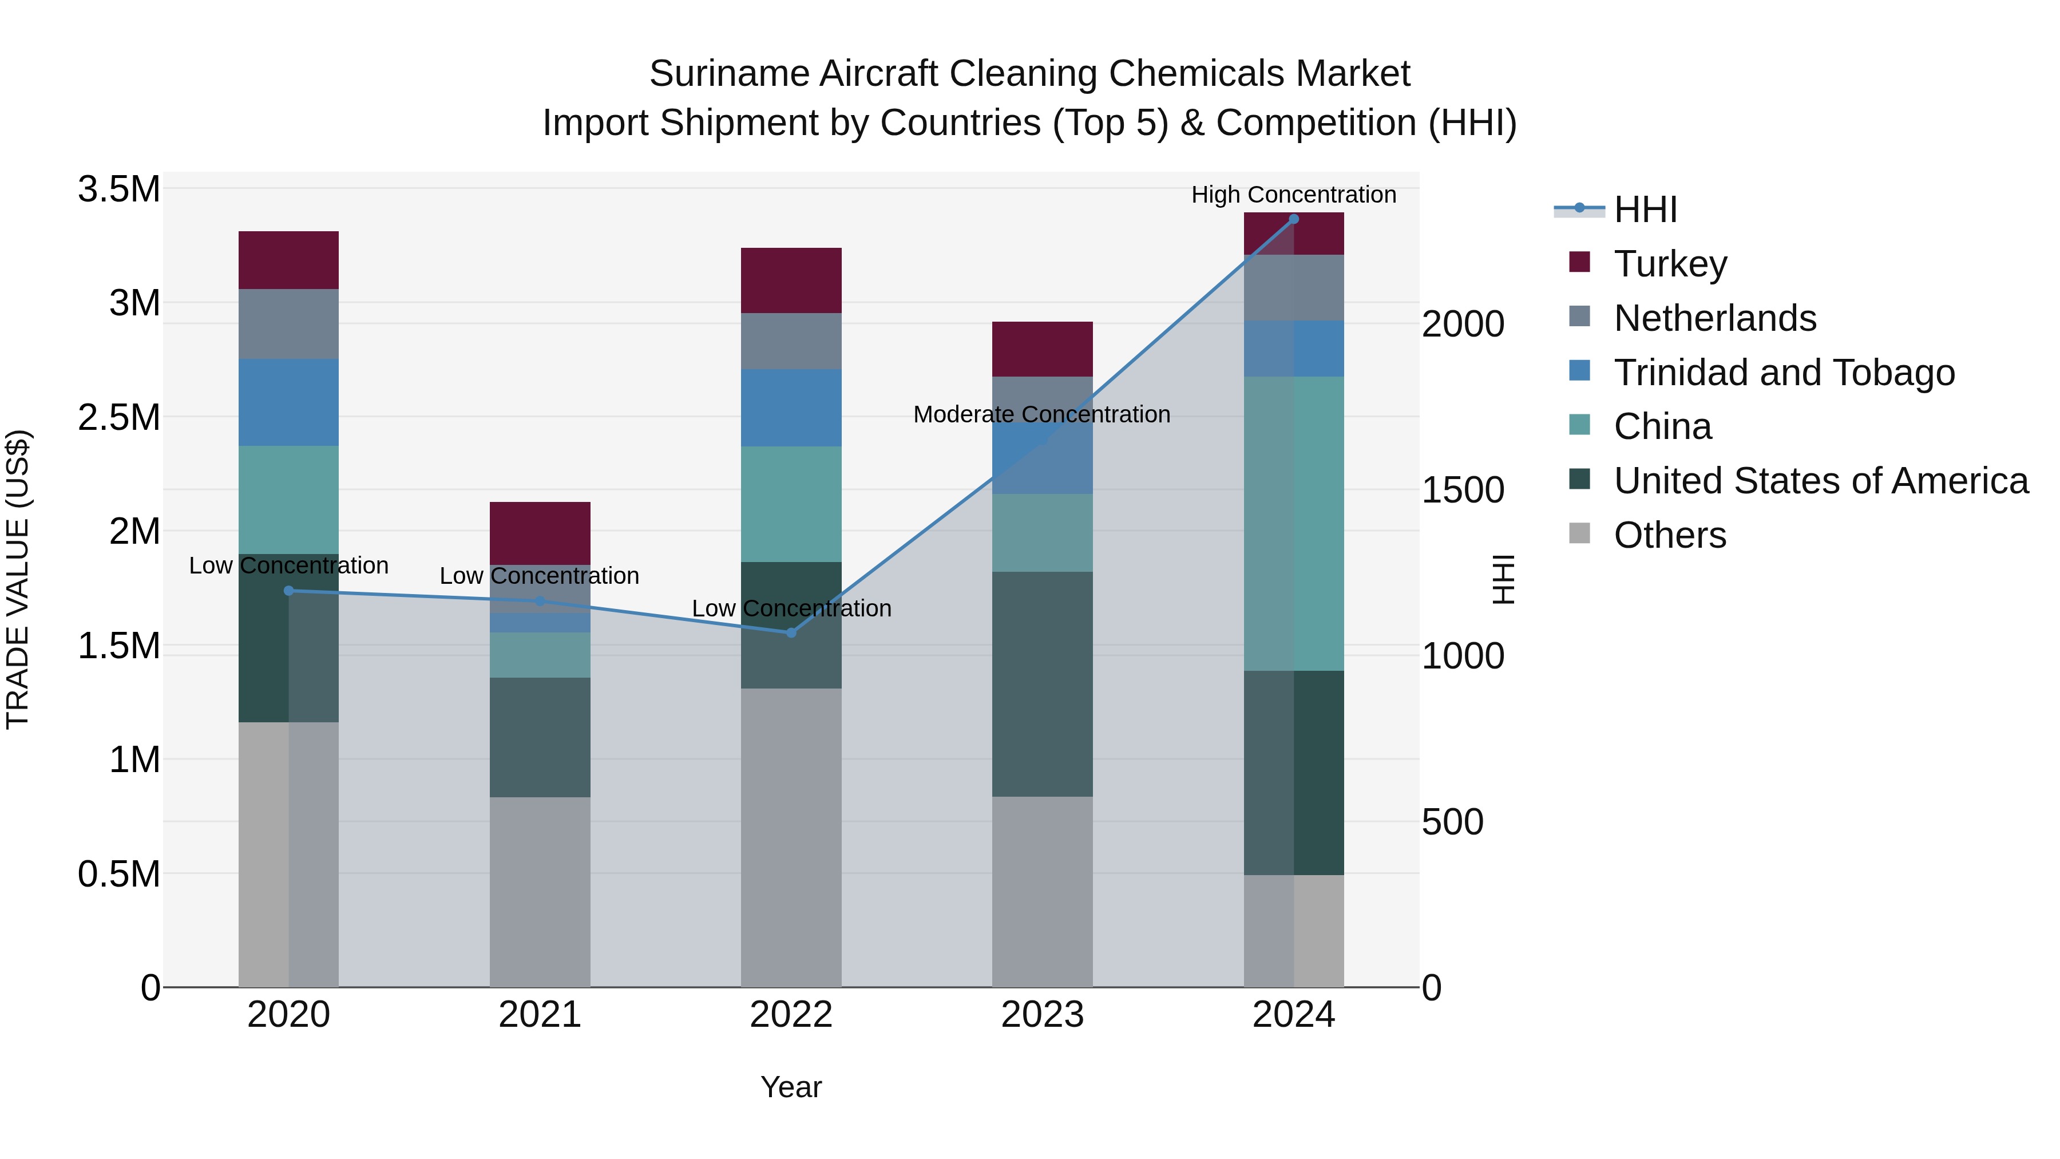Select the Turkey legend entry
pyautogui.click(x=1670, y=264)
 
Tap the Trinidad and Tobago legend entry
pyautogui.click(x=1783, y=373)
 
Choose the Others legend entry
pyautogui.click(x=1669, y=535)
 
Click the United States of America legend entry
pyautogui.click(x=1820, y=481)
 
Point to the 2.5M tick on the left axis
pyautogui.click(x=118, y=418)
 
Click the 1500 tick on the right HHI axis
pyautogui.click(x=1463, y=491)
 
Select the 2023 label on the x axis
pyautogui.click(x=1042, y=1015)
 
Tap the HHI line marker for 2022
pyautogui.click(x=791, y=632)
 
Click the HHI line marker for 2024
pyautogui.click(x=1294, y=219)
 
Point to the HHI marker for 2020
pyautogui.click(x=289, y=591)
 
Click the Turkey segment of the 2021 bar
pyautogui.click(x=540, y=533)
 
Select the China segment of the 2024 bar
pyautogui.click(x=1294, y=523)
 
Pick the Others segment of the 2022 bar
pyautogui.click(x=791, y=837)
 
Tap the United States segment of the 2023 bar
pyautogui.click(x=1042, y=684)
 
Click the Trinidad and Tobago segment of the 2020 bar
pyautogui.click(x=289, y=402)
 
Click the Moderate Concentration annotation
pyautogui.click(x=1041, y=414)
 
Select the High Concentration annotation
pyautogui.click(x=1293, y=195)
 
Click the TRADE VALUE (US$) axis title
pyautogui.click(x=18, y=579)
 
